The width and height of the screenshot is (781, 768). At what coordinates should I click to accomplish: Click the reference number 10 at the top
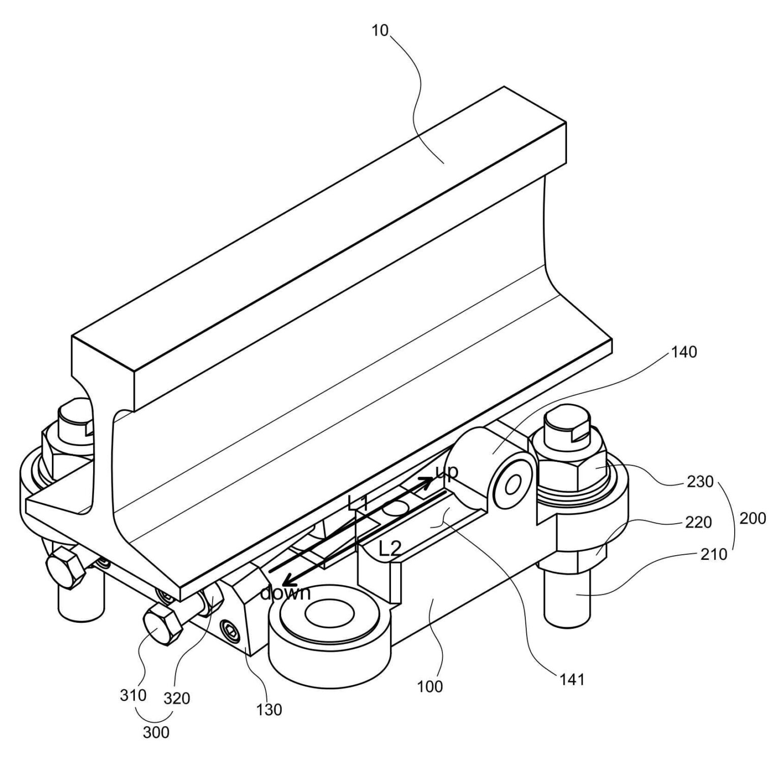[x=380, y=30]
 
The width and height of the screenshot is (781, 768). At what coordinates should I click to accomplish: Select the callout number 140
[x=684, y=351]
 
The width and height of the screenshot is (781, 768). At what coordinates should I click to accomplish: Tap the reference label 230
[x=700, y=481]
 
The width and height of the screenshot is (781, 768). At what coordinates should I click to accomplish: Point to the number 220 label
[x=698, y=522]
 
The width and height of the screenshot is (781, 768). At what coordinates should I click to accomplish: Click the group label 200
[x=752, y=518]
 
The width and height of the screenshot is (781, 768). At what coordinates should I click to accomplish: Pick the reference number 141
[x=572, y=679]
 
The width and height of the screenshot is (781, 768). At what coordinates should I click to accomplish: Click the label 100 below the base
[x=430, y=686]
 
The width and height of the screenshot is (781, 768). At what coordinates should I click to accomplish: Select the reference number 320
[x=176, y=698]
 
